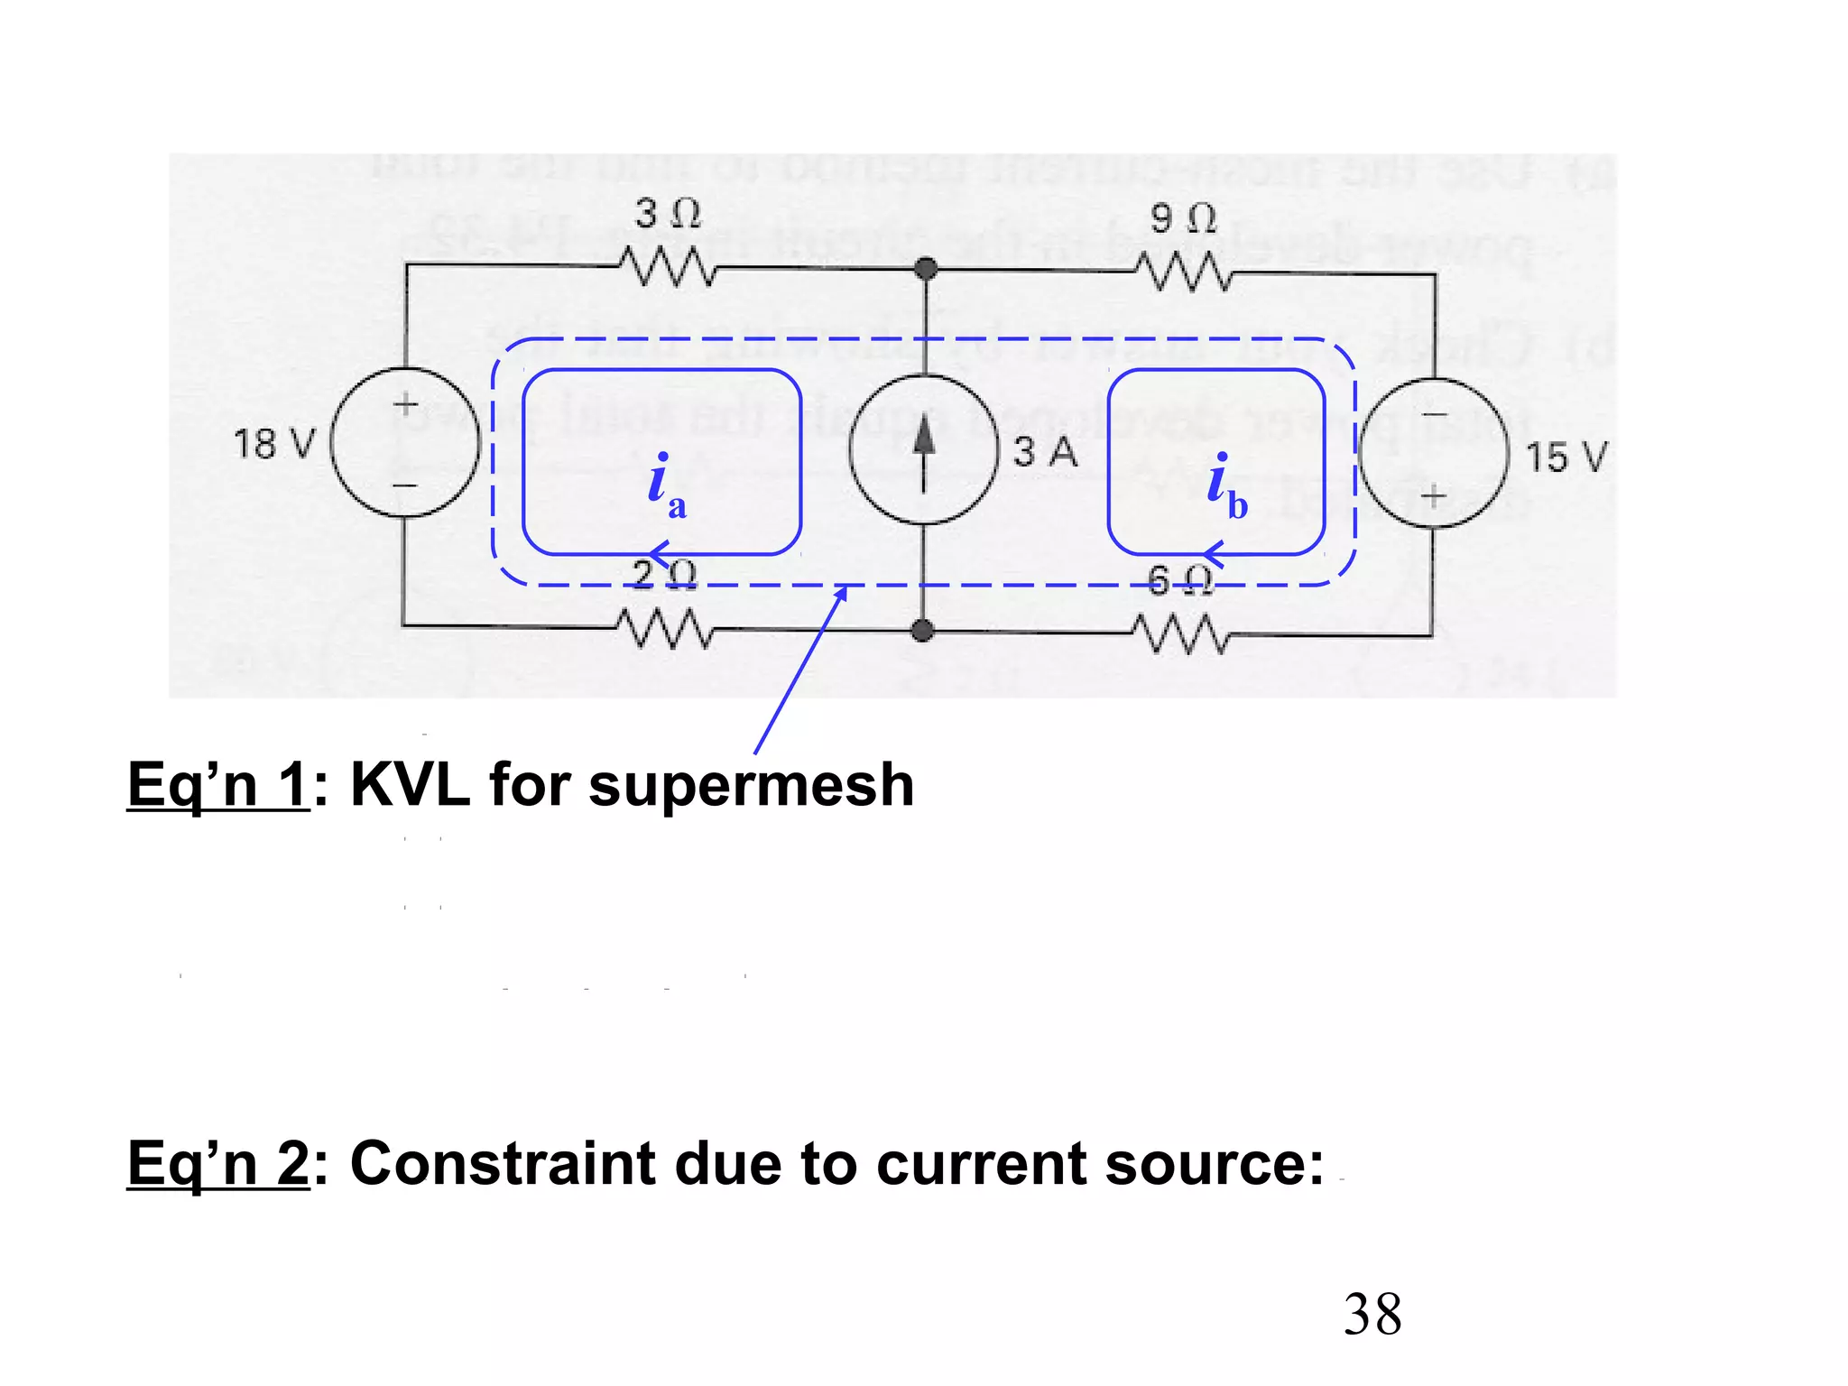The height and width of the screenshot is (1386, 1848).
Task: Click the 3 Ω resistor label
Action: click(x=667, y=214)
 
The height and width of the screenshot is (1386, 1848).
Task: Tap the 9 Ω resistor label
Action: click(x=1182, y=218)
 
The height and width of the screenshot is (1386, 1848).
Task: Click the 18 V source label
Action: click(x=274, y=445)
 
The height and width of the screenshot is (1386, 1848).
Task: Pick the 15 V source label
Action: click(x=1566, y=457)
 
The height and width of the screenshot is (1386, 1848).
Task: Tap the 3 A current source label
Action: click(x=1045, y=451)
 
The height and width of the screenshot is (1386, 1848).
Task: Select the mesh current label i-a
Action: click(x=666, y=487)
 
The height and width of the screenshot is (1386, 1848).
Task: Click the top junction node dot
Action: click(x=925, y=268)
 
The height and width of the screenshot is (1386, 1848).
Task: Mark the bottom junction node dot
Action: click(x=922, y=631)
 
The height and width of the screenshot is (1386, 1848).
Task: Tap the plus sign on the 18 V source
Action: click(x=406, y=402)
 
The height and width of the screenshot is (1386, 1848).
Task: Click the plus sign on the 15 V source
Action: click(x=1433, y=495)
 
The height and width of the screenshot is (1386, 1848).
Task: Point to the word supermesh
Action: click(x=751, y=785)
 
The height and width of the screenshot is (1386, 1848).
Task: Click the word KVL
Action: click(x=410, y=785)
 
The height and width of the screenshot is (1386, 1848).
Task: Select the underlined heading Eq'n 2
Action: click(x=218, y=1164)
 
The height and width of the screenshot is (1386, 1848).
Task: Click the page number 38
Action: click(x=1372, y=1315)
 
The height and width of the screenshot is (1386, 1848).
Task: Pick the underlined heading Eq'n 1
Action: click(x=218, y=785)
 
